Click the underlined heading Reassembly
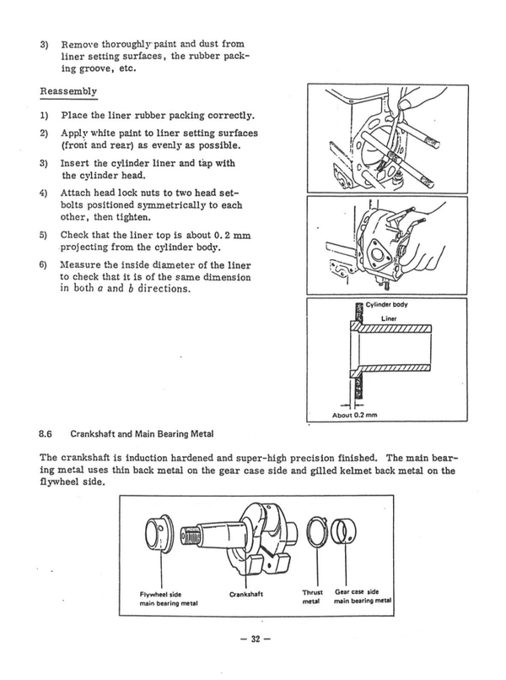click(x=68, y=91)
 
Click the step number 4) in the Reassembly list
click(x=44, y=193)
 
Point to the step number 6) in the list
click(x=44, y=264)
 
